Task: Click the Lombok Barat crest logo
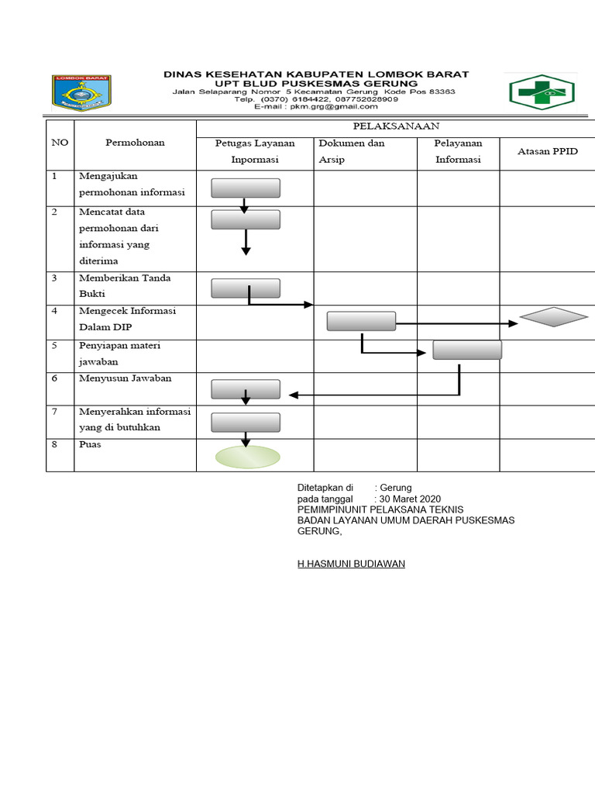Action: pyautogui.click(x=81, y=93)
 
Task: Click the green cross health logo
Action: pyautogui.click(x=542, y=92)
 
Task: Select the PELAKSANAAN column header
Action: pyautogui.click(x=396, y=126)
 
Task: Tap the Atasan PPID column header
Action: pyautogui.click(x=548, y=151)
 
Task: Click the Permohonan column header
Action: pyautogui.click(x=135, y=143)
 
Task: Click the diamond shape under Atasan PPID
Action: pyautogui.click(x=554, y=317)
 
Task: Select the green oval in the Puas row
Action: pyautogui.click(x=247, y=457)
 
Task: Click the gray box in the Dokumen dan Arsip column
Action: pyautogui.click(x=361, y=321)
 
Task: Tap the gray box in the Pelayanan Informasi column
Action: pyautogui.click(x=467, y=350)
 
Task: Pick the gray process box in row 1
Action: pyautogui.click(x=246, y=188)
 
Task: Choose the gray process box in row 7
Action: pyautogui.click(x=246, y=423)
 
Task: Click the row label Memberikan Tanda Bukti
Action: pyautogui.click(x=124, y=286)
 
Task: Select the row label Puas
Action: pyautogui.click(x=90, y=444)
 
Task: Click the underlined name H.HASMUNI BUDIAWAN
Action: pyautogui.click(x=351, y=564)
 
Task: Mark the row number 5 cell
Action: pyautogui.click(x=55, y=346)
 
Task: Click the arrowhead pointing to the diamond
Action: pyautogui.click(x=514, y=323)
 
